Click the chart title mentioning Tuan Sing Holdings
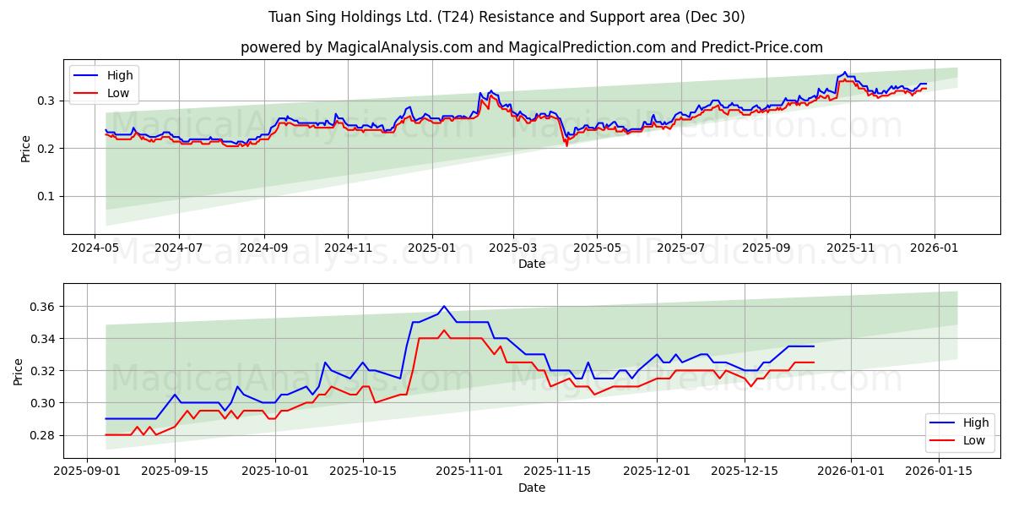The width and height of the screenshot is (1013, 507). [506, 17]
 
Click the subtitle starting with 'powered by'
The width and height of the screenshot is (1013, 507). [532, 47]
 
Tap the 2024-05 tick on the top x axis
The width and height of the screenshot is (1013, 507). [95, 248]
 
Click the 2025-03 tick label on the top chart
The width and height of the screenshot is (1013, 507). [513, 248]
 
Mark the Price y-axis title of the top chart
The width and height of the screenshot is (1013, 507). [25, 148]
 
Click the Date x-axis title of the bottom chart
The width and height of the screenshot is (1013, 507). [532, 488]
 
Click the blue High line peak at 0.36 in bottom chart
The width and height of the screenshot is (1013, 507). [444, 306]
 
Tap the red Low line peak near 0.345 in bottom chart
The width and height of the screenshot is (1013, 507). [444, 330]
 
